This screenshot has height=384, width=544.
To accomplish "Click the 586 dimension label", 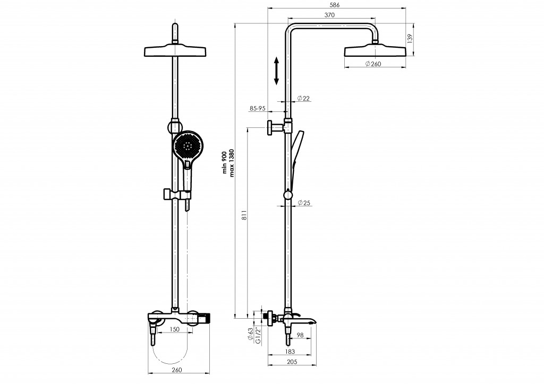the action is (335, 5).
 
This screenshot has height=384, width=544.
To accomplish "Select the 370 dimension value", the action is (329, 15).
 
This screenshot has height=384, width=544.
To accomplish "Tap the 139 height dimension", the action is (410, 38).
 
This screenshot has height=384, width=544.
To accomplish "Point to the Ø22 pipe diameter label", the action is (303, 98).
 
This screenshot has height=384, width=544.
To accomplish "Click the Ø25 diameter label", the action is (303, 203).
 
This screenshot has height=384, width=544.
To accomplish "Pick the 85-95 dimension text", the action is (258, 108).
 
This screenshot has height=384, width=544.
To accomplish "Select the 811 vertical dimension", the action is (244, 216).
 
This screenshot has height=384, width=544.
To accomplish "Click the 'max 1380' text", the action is (232, 163).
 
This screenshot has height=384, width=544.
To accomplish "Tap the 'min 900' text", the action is (225, 163).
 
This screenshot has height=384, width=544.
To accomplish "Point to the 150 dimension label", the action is (175, 329).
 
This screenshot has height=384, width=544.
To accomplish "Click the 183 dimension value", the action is (290, 352).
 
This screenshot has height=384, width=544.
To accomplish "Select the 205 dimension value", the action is (292, 362).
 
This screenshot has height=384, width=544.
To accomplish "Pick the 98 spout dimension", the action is (301, 335).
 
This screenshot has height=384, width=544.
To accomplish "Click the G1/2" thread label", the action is (258, 336).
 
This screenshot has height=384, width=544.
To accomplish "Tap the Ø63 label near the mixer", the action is (250, 335).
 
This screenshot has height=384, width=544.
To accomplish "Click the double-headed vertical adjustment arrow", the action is (276, 71).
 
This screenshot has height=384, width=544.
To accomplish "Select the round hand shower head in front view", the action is (188, 146).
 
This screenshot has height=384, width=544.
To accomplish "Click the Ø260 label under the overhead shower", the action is (373, 64).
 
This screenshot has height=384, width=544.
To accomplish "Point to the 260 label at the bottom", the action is (177, 370).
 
